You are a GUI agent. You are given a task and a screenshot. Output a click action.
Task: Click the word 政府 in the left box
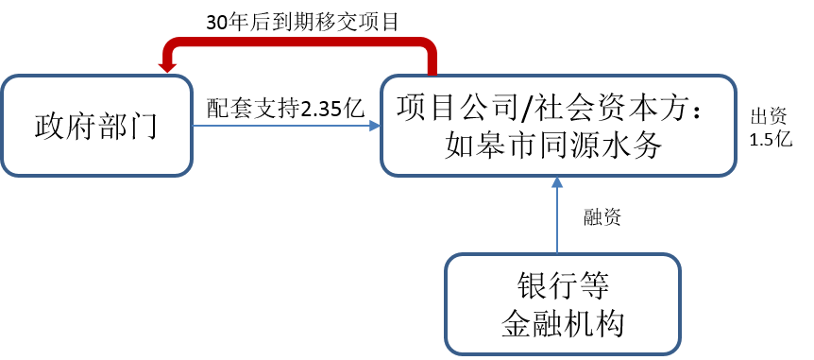coord(64,126)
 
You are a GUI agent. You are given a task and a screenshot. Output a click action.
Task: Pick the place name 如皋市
coord(485,146)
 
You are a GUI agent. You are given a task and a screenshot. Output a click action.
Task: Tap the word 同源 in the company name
coord(570,146)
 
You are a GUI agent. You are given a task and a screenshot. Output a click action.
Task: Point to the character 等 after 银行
coord(592,285)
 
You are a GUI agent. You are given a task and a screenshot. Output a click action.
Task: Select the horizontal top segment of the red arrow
coord(298,43)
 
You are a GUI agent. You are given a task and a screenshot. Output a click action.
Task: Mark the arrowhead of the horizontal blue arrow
coord(374,125)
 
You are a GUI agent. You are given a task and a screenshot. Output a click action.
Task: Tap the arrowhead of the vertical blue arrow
coord(557,183)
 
